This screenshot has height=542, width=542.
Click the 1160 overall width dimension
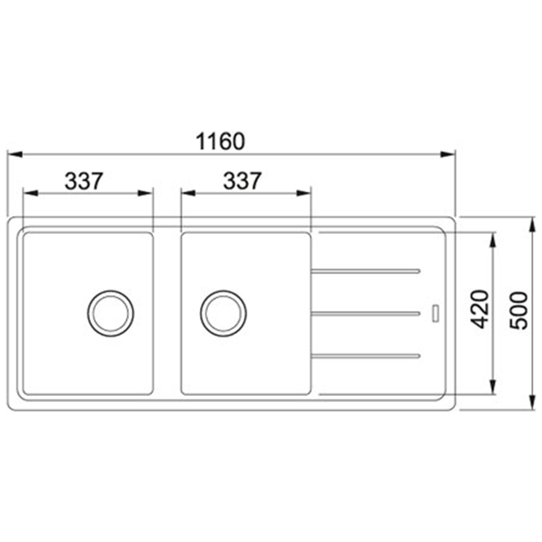click(x=221, y=141)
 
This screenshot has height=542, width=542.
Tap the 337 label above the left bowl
click(x=84, y=181)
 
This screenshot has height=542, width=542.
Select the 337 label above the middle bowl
click(x=242, y=181)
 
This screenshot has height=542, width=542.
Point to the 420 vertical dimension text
click(x=480, y=309)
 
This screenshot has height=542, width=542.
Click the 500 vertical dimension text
click(x=519, y=311)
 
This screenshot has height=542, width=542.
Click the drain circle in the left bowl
click(x=111, y=313)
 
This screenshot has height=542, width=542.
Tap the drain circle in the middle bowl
click(x=223, y=313)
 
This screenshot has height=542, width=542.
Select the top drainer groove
click(x=365, y=271)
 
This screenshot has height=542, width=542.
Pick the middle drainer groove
click(x=365, y=313)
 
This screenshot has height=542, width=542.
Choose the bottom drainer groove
click(x=365, y=356)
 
